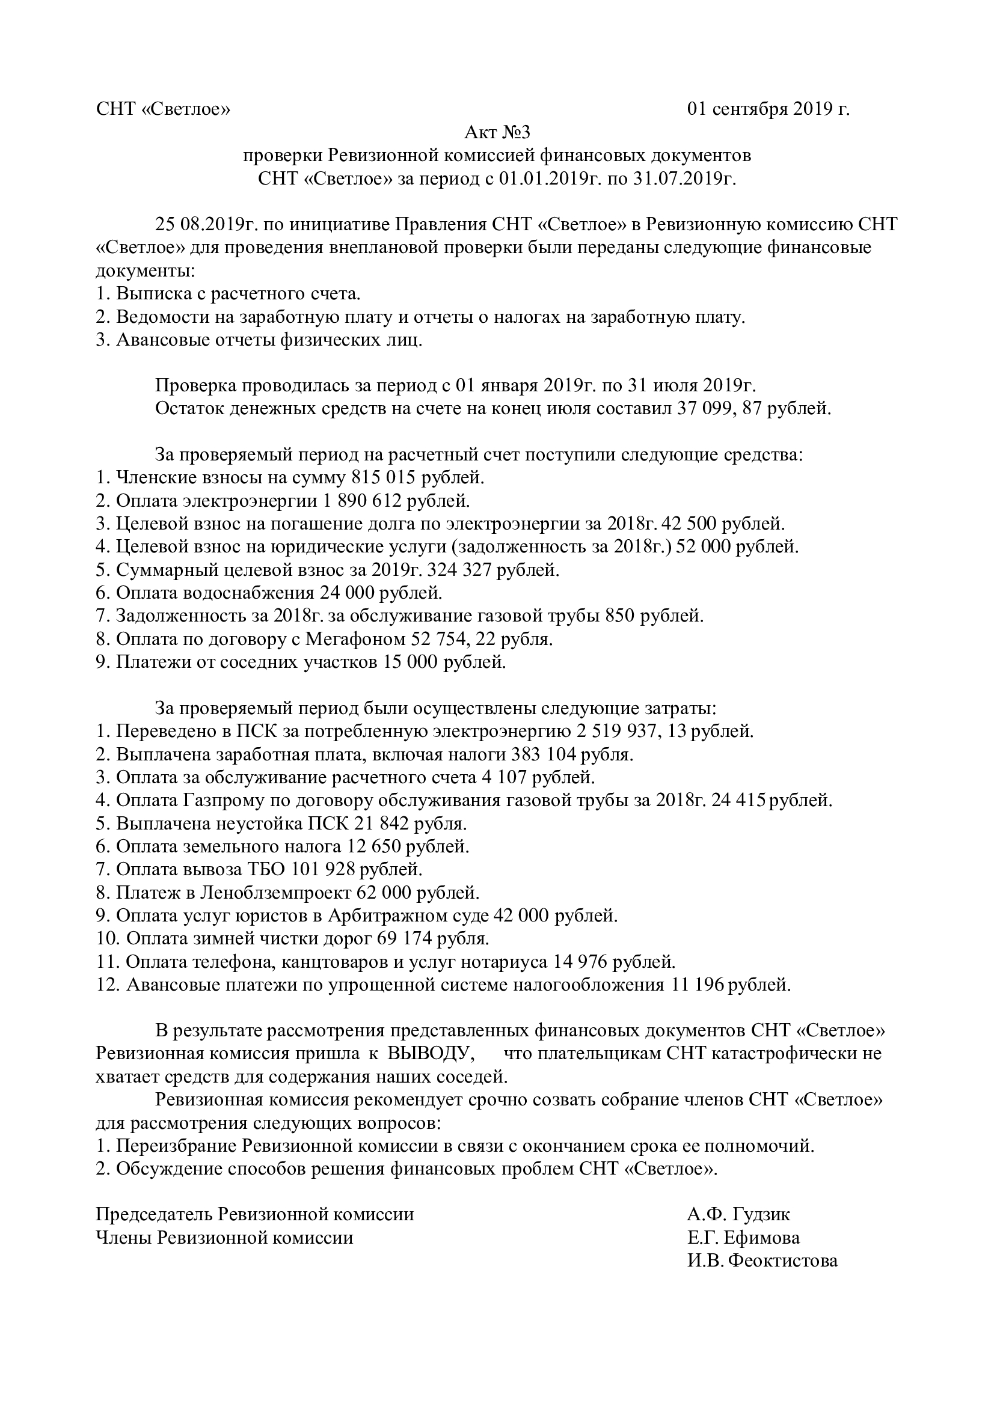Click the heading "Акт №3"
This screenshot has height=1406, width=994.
[x=497, y=132]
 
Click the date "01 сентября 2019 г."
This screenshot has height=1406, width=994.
[x=769, y=109]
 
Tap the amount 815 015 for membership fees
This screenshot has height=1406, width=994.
[x=386, y=477]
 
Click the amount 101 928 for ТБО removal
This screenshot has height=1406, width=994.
[x=324, y=870]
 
